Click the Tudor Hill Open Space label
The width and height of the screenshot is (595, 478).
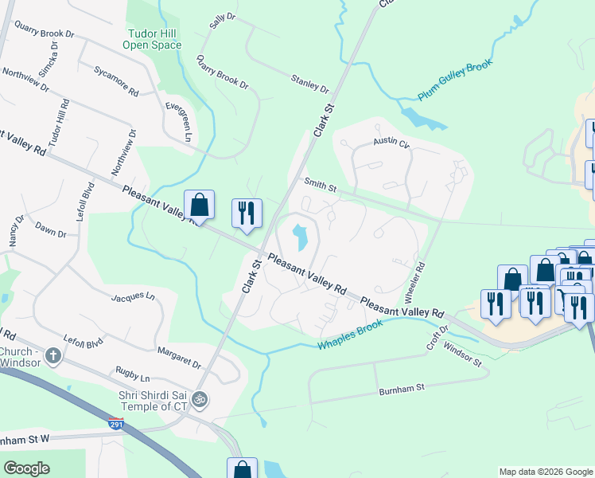pos(152,39)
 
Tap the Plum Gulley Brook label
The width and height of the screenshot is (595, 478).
pos(456,80)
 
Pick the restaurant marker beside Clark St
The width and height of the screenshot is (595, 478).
pos(247,213)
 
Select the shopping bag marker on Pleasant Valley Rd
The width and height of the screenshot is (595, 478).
pos(199,205)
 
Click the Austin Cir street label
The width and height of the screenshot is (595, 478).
pos(391,143)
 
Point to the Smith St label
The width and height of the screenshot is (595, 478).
pos(320,186)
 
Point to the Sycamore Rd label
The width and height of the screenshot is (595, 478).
pos(116,81)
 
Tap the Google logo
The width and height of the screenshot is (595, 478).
pos(26,468)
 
